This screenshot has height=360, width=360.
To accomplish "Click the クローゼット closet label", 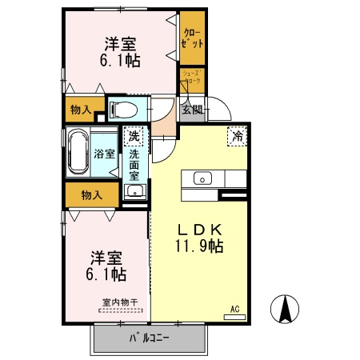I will (192, 38).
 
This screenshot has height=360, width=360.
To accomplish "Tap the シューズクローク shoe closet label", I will (192, 78).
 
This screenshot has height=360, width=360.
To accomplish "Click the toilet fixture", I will (126, 109).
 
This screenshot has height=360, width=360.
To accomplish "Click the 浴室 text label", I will (104, 152).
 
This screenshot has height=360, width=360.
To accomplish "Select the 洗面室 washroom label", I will (135, 164).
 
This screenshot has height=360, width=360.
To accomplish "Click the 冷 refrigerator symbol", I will (238, 136).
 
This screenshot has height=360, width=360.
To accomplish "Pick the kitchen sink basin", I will (201, 178).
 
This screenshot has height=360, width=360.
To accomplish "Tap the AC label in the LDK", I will (235, 309).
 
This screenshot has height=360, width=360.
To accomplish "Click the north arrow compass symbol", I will (286, 309).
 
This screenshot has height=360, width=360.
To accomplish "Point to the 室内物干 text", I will (120, 302).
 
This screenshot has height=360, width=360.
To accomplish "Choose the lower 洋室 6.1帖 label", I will (107, 266).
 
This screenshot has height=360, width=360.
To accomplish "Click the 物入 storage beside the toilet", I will (80, 110).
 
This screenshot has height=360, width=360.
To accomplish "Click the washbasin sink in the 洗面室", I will (135, 190).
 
